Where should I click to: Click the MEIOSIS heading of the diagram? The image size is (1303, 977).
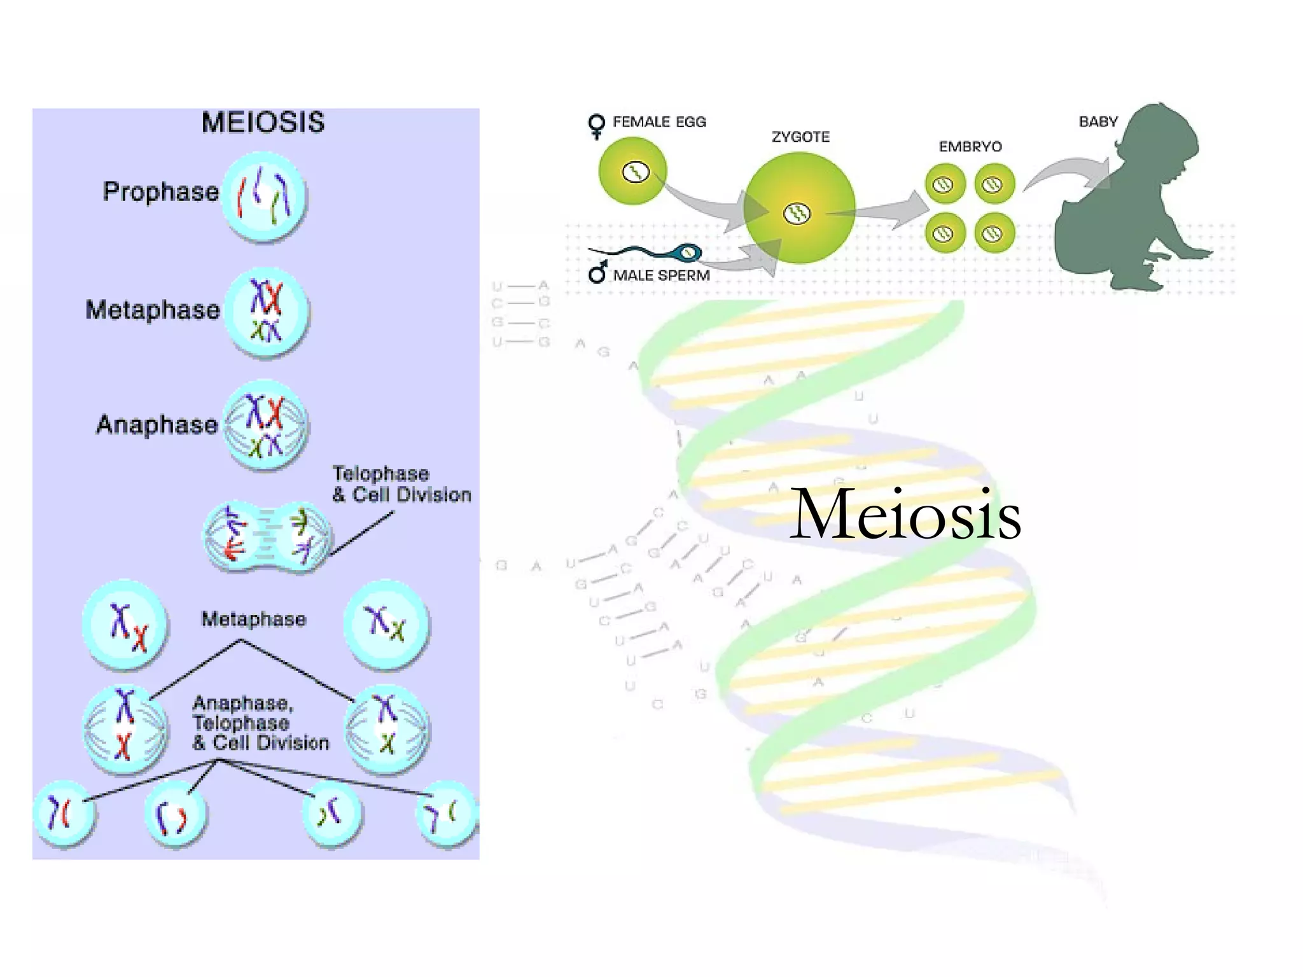coord(263,122)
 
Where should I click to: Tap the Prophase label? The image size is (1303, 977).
coord(160,191)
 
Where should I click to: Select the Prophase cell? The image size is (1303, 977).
coord(264,196)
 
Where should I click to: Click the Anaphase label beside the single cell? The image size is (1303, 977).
coord(157,424)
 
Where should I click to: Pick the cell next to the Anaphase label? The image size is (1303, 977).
coord(265,425)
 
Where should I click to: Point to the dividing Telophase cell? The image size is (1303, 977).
coord(267,536)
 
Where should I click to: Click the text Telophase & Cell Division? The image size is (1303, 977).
coord(401,484)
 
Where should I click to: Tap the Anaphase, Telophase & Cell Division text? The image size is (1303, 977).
coord(260,723)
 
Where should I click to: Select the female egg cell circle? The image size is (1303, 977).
coord(632,171)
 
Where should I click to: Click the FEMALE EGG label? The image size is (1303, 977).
coord(659,122)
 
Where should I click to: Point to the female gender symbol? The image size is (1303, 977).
coord(596,126)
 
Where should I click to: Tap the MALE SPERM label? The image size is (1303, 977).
coord(661,275)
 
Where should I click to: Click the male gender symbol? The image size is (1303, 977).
coord(597,273)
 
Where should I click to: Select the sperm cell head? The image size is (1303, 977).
coord(688,253)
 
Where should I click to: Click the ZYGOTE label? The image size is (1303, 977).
coord(800,137)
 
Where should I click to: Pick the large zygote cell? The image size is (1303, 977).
coord(798,209)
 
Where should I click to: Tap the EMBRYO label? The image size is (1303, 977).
coord(970,147)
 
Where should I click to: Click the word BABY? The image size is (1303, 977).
coord(1098,121)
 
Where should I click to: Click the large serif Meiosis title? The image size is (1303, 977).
coord(905,514)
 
